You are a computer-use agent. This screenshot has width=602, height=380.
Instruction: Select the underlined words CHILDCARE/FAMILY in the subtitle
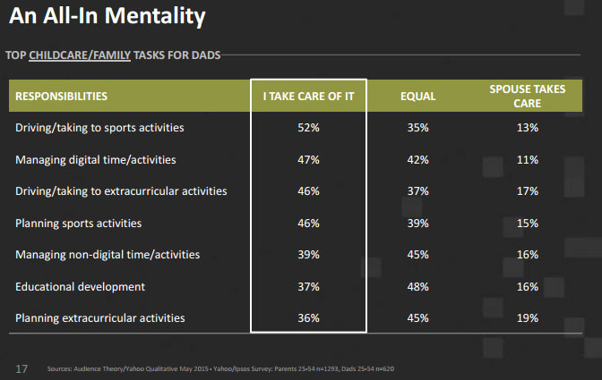click(80, 55)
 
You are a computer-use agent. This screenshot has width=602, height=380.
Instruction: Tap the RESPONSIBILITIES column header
click(62, 96)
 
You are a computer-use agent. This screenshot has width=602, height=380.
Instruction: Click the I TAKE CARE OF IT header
click(308, 96)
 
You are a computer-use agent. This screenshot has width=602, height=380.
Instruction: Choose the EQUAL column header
click(417, 96)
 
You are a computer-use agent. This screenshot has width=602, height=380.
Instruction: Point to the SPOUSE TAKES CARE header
click(527, 97)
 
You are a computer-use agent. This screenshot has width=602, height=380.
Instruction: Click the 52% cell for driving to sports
click(308, 128)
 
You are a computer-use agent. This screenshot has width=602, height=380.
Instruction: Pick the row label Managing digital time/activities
click(96, 160)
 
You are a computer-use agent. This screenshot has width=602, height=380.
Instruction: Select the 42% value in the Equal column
click(417, 160)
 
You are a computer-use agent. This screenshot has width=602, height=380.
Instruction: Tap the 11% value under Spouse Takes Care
click(527, 160)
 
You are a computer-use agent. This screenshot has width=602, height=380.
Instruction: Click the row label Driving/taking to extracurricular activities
click(121, 191)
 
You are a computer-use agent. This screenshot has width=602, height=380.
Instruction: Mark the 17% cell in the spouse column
click(527, 191)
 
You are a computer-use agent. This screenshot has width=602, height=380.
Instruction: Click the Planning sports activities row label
click(79, 224)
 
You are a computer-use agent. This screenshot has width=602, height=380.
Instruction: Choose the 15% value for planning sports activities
click(527, 224)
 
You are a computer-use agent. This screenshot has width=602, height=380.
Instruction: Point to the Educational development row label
click(80, 287)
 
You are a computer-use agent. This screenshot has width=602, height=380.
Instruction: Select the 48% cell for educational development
click(417, 287)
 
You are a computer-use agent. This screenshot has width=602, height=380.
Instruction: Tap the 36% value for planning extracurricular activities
click(308, 318)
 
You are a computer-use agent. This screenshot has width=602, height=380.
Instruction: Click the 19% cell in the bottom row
click(527, 318)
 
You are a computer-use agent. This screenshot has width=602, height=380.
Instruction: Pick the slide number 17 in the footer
click(21, 367)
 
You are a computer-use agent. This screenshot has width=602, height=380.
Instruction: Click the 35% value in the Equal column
click(417, 128)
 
